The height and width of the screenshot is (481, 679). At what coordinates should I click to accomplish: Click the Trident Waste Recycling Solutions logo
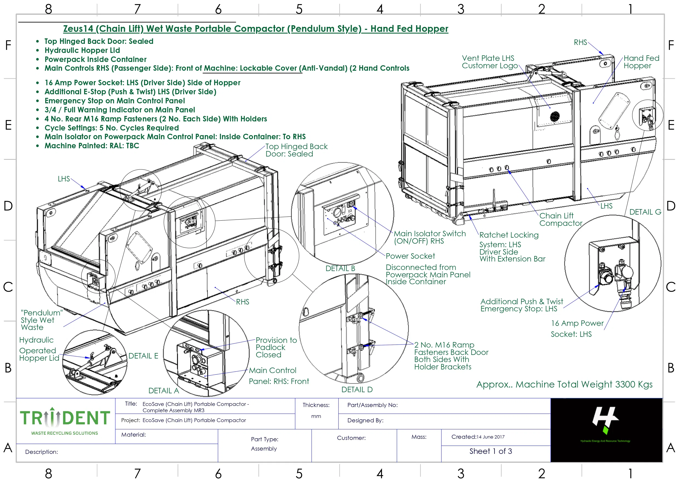pyautogui.click(x=65, y=421)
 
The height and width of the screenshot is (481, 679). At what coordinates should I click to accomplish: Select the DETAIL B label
pyautogui.click(x=340, y=268)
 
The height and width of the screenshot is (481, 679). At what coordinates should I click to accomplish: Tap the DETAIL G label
pyautogui.click(x=645, y=212)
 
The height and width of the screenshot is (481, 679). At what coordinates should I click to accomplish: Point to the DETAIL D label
pyautogui.click(x=357, y=389)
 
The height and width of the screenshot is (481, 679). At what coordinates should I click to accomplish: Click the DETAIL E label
pyautogui.click(x=143, y=356)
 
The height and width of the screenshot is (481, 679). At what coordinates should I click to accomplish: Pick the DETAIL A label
pyautogui.click(x=164, y=391)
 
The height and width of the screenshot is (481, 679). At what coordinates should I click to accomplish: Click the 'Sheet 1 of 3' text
pyautogui.click(x=491, y=451)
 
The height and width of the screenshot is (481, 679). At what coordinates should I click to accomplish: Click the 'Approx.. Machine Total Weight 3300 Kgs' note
pyautogui.click(x=564, y=385)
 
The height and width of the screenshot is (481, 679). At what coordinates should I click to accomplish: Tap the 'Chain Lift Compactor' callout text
pyautogui.click(x=560, y=220)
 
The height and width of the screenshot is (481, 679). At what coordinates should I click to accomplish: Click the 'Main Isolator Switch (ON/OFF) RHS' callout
pyautogui.click(x=429, y=237)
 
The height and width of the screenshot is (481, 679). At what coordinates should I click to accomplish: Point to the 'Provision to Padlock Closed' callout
pyautogui.click(x=276, y=348)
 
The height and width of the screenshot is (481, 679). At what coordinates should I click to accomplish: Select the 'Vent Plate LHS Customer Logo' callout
pyautogui.click(x=490, y=62)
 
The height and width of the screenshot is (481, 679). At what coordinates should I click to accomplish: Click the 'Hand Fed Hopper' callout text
pyautogui.click(x=641, y=62)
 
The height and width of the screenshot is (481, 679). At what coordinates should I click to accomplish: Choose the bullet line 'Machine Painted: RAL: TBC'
pyautogui.click(x=92, y=146)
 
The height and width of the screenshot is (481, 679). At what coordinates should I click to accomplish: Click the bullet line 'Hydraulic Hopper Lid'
pyautogui.click(x=82, y=50)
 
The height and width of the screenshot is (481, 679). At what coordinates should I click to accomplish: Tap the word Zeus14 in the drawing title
pyautogui.click(x=78, y=29)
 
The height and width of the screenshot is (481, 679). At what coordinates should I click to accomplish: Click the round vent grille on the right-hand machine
pyautogui.click(x=555, y=116)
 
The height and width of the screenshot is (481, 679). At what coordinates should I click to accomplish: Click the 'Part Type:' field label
pyautogui.click(x=264, y=439)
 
